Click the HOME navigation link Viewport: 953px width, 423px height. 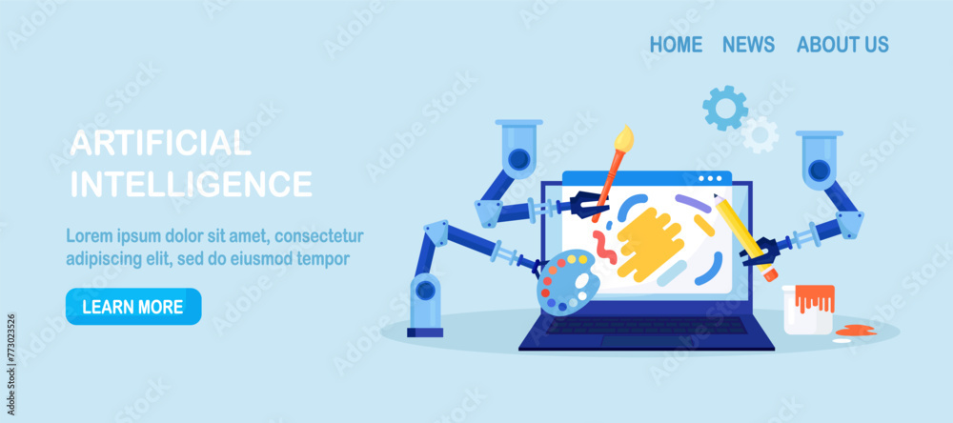click(676, 44)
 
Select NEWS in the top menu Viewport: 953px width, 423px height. click(748, 44)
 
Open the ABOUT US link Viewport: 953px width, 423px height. click(842, 44)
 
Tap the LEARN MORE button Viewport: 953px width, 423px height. click(132, 307)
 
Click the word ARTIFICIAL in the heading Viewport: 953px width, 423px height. click(160, 144)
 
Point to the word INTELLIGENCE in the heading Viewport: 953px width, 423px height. click(191, 183)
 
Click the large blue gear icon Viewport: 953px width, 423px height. click(725, 108)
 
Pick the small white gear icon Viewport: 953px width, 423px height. click(760, 134)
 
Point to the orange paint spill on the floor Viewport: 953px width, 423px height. click(855, 330)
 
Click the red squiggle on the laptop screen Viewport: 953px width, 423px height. click(603, 247)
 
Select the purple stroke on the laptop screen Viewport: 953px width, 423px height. click(693, 202)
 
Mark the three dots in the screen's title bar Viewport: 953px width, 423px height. click(710, 178)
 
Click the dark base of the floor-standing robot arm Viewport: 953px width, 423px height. click(425, 332)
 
